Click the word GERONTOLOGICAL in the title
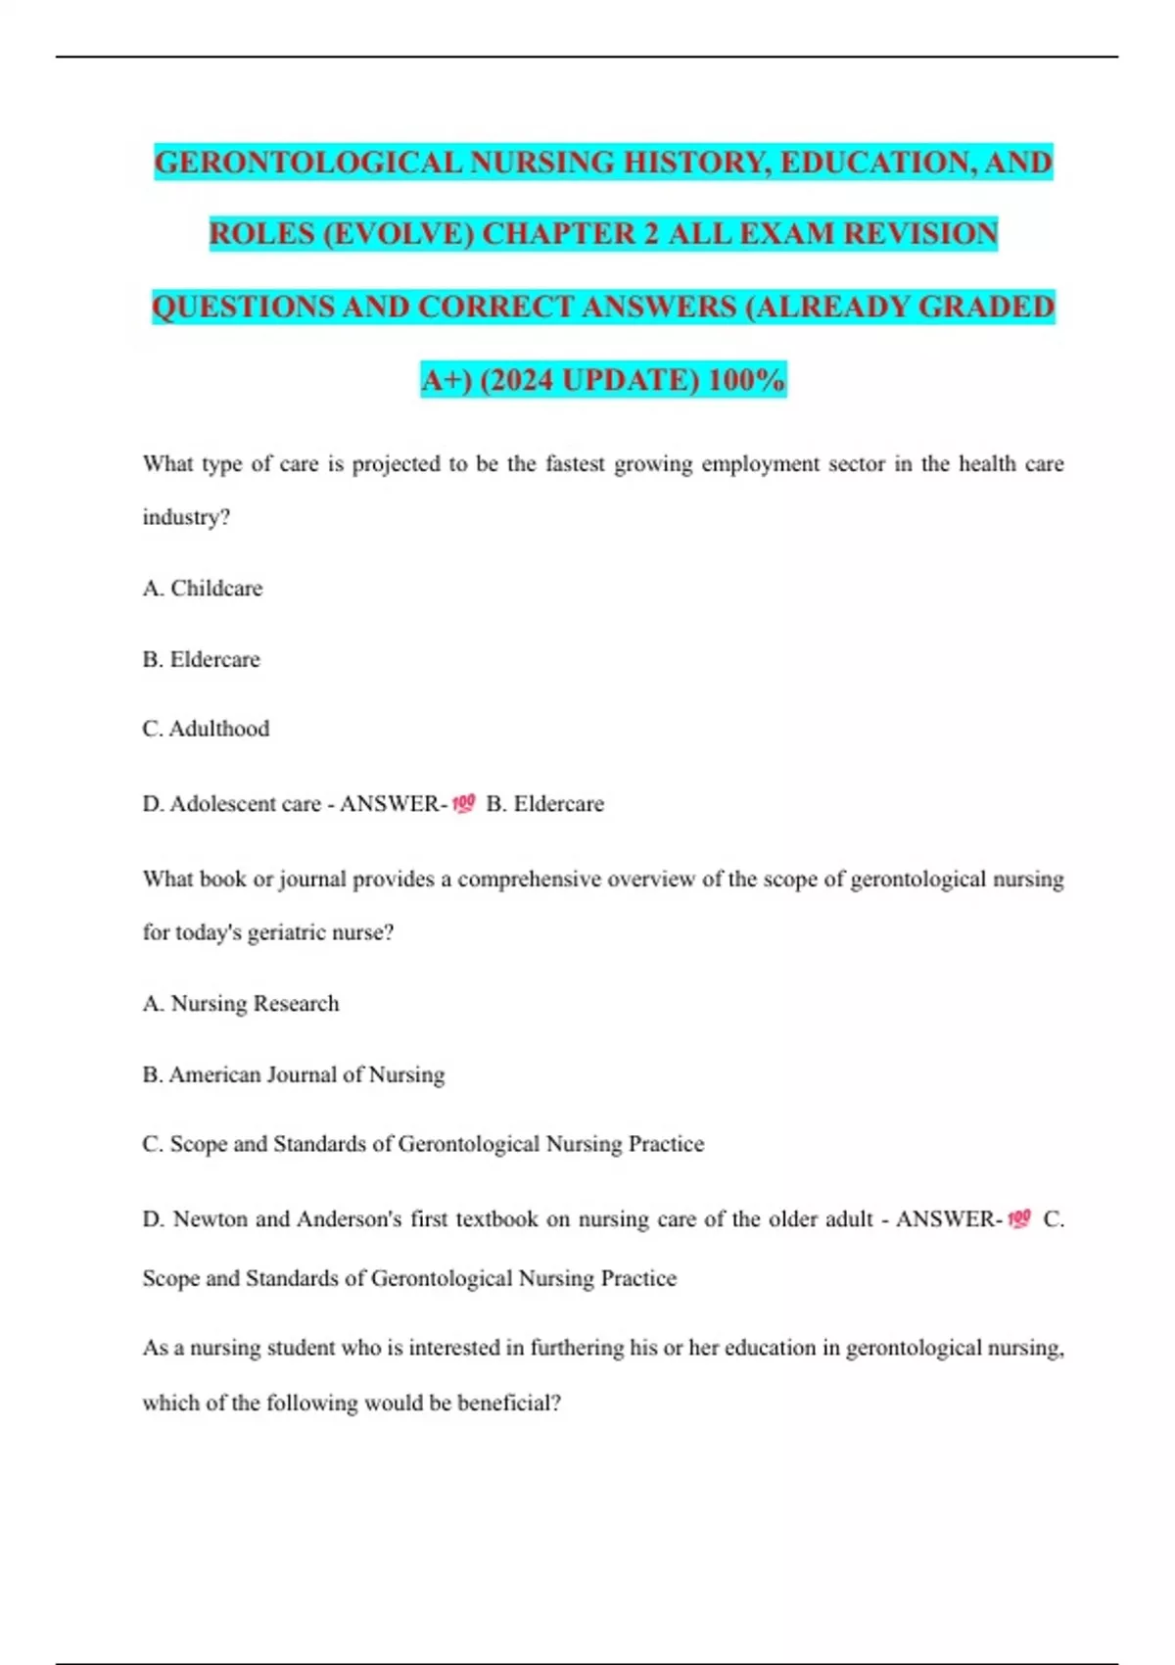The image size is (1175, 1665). (308, 162)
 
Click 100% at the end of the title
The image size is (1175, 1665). (746, 379)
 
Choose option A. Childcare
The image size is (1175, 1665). (203, 588)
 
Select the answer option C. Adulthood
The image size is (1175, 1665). (206, 729)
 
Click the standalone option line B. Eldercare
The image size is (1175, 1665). (202, 659)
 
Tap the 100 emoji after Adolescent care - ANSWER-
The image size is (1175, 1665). (463, 804)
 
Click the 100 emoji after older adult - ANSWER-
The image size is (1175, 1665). (1019, 1219)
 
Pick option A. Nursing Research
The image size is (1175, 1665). (241, 1004)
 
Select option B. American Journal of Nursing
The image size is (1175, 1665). (294, 1074)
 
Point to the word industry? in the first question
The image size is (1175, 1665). (186, 517)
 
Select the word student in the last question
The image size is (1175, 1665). (302, 1348)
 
